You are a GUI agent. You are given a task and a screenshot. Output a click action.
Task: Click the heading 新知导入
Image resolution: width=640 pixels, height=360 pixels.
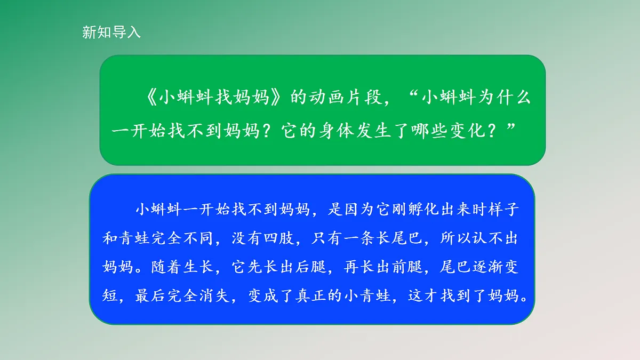[x=111, y=32]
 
